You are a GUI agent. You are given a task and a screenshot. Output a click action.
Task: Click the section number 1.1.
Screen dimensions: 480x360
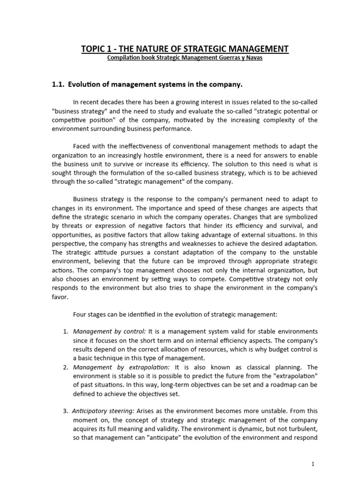coord(58,84)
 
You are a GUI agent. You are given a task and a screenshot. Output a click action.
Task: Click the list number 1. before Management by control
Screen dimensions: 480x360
coord(66,332)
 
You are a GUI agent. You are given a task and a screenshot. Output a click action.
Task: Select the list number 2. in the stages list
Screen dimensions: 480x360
coord(66,367)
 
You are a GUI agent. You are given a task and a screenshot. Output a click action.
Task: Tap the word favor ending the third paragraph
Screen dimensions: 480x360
coord(59,296)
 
